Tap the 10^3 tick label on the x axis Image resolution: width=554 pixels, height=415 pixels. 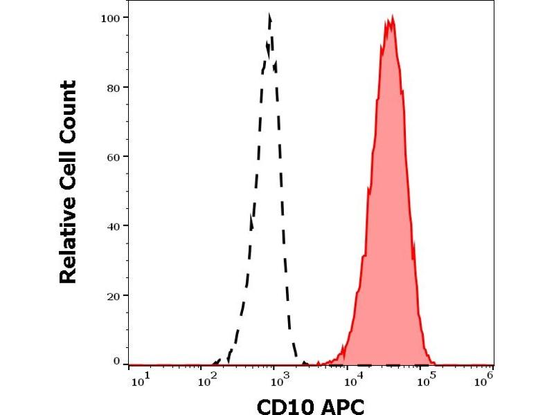280,380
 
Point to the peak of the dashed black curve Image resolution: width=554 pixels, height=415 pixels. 270,15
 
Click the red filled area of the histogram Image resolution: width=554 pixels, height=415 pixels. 389,207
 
